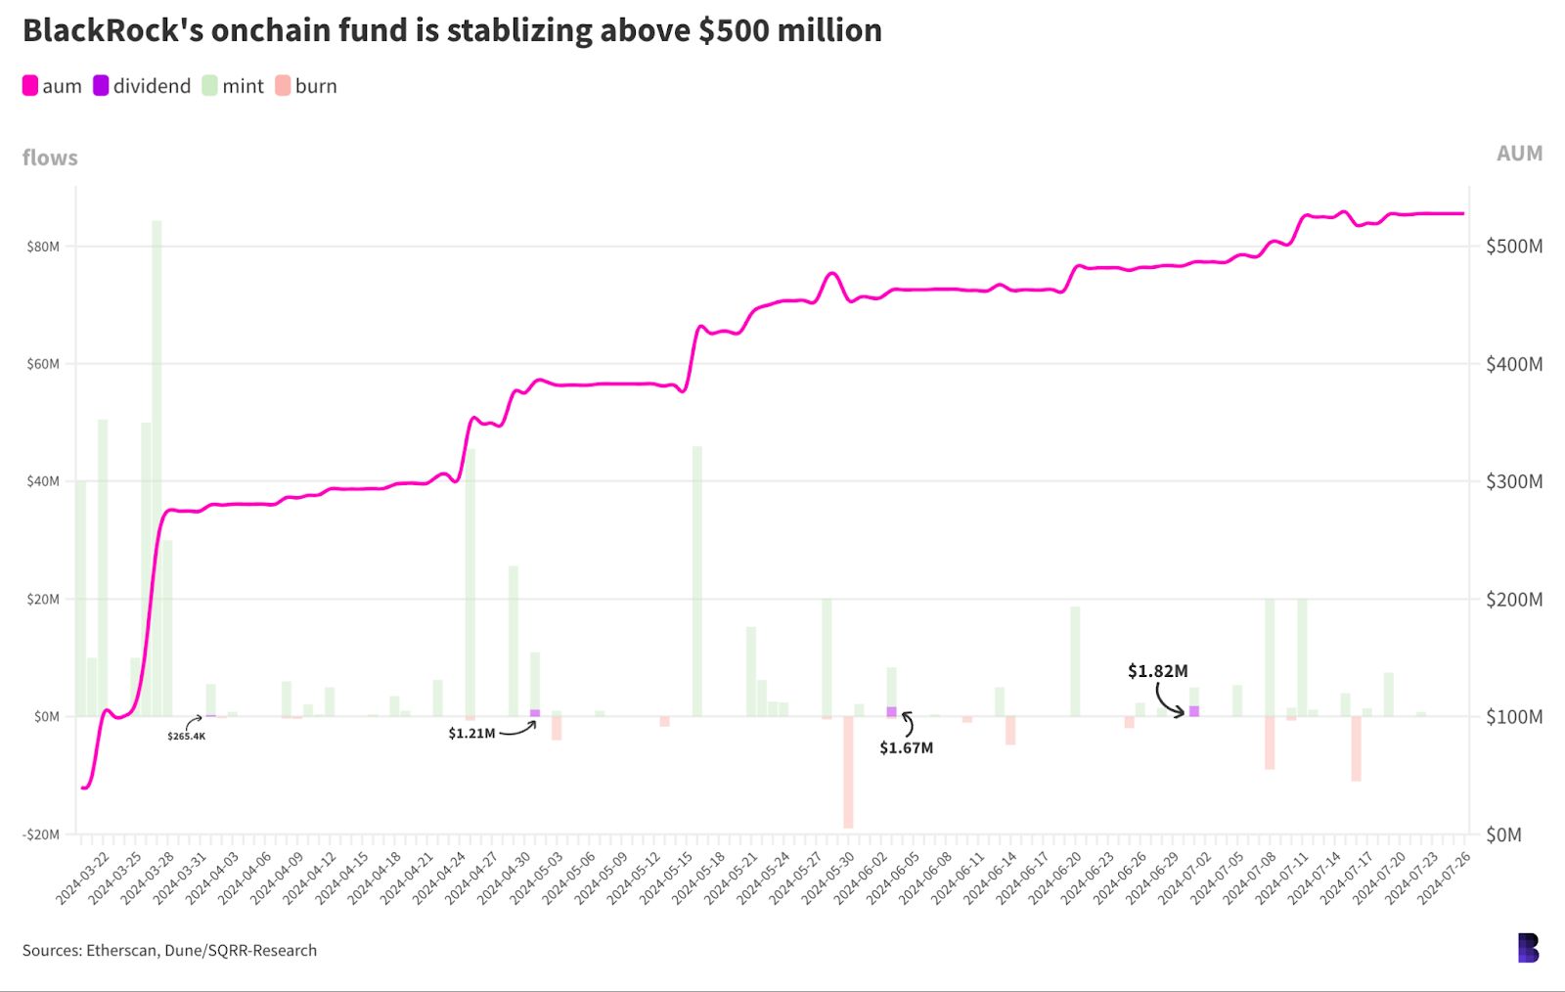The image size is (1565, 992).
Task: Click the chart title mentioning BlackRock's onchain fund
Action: pos(452,31)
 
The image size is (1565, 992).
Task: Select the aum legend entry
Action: pos(53,86)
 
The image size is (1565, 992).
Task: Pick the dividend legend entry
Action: pos(142,86)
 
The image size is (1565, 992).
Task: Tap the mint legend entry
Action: pos(233,86)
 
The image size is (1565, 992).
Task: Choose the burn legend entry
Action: pos(306,86)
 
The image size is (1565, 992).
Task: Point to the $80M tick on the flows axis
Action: pos(43,247)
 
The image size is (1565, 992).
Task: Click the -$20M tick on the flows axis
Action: pos(41,834)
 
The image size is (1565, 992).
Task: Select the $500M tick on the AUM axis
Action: pos(1513,247)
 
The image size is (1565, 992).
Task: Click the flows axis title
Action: pos(50,158)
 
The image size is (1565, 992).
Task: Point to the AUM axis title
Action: pos(1519,154)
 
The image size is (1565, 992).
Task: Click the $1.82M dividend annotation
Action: pos(1157,671)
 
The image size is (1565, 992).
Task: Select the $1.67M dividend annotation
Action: pos(906,748)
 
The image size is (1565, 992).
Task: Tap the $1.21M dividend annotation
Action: pos(471,734)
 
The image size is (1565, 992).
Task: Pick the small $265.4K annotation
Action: pos(186,736)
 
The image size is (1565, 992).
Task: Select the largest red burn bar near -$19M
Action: pos(848,773)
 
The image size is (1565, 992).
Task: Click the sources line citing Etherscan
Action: pos(169,950)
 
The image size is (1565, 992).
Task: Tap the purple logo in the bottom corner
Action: pos(1528,947)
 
